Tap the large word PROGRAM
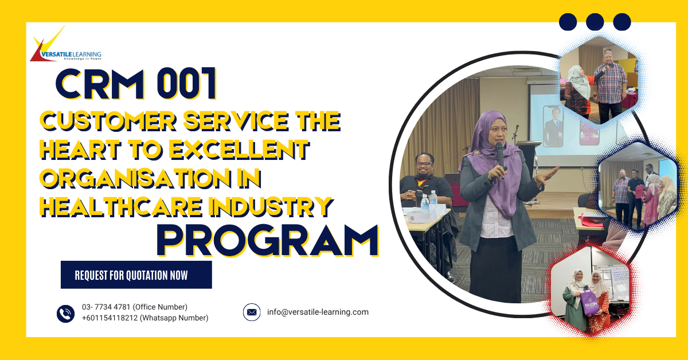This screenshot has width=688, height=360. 267,240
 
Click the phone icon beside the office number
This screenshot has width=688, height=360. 66,313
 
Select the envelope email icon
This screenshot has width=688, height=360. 252,312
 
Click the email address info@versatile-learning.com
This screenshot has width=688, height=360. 318,312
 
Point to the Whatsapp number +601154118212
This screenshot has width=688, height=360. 145,318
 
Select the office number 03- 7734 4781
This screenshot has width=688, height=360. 134,307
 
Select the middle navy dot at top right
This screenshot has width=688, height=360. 595,22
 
